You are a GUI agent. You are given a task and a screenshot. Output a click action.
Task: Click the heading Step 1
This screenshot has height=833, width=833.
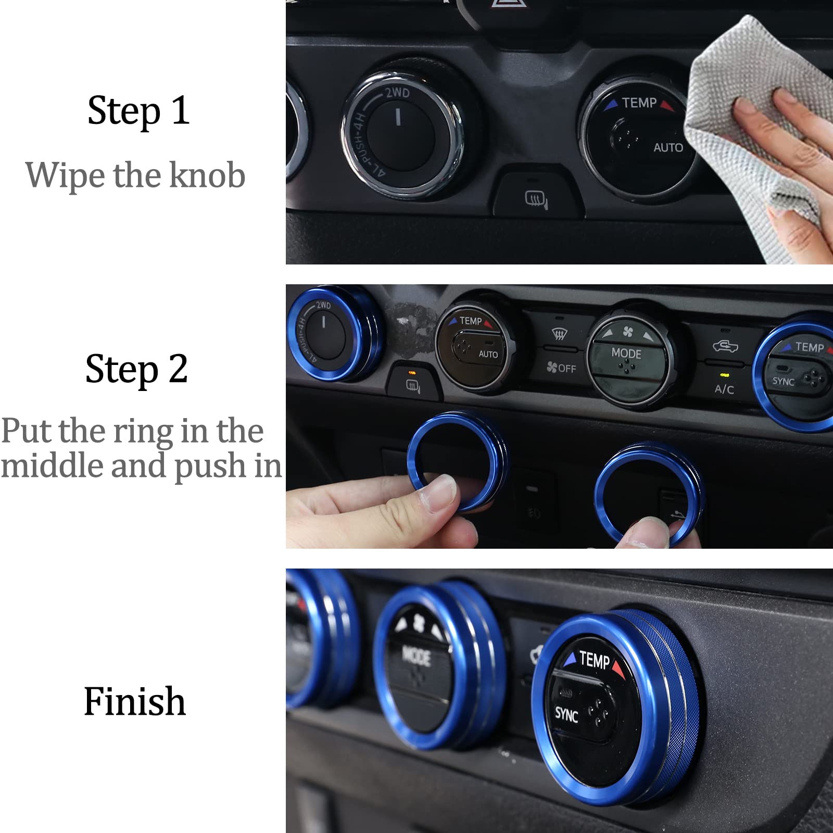[x=138, y=110]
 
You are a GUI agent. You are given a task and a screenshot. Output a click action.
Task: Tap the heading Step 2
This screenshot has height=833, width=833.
[x=136, y=369]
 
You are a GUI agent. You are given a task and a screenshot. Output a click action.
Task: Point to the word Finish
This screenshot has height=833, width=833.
[x=134, y=701]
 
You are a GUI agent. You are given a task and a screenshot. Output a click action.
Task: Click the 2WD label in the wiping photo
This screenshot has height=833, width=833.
[x=397, y=93]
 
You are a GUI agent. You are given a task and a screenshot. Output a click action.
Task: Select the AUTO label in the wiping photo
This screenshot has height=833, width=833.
[x=668, y=148]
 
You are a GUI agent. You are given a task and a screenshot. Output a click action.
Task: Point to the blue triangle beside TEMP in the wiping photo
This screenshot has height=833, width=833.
[x=612, y=104]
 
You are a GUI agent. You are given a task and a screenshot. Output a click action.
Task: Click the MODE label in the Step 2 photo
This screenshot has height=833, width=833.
[x=626, y=354]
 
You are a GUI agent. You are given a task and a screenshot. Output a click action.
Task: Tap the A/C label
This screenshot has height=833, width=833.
[x=724, y=389]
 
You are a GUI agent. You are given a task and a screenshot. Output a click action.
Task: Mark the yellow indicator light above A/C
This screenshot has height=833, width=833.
[x=723, y=374]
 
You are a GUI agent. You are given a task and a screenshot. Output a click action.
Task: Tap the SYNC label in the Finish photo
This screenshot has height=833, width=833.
[x=566, y=715]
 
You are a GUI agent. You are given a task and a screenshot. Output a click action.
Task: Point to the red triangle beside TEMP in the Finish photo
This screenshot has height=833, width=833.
[x=618, y=667]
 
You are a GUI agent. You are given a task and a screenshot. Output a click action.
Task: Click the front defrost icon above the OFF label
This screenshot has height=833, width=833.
[x=559, y=333]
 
